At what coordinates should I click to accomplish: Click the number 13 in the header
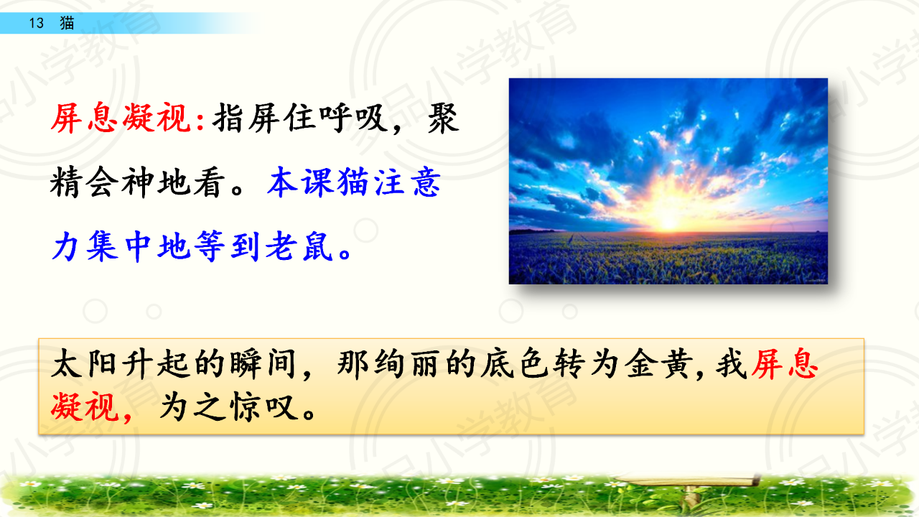tap(36, 23)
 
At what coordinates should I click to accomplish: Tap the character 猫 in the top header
tap(67, 23)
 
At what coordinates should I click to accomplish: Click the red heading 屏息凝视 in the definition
tap(121, 118)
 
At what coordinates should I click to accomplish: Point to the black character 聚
tap(443, 118)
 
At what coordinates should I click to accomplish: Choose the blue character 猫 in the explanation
tap(353, 182)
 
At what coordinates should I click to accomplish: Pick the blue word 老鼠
tap(299, 246)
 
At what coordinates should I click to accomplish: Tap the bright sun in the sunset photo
tap(668, 222)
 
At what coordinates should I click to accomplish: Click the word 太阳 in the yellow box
tap(84, 363)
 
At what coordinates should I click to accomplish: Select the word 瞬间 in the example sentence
tap(263, 363)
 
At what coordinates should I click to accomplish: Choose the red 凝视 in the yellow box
tap(85, 406)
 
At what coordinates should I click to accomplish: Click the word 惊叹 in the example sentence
tap(263, 407)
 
